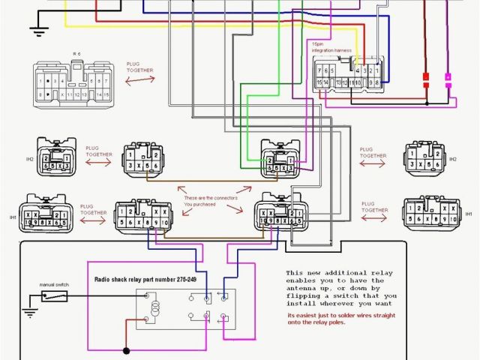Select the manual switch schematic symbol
point(55,296)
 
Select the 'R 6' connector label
point(76,55)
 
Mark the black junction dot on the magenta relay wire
point(126,349)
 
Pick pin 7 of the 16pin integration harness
point(320,70)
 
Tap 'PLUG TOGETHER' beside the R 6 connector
point(139,67)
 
